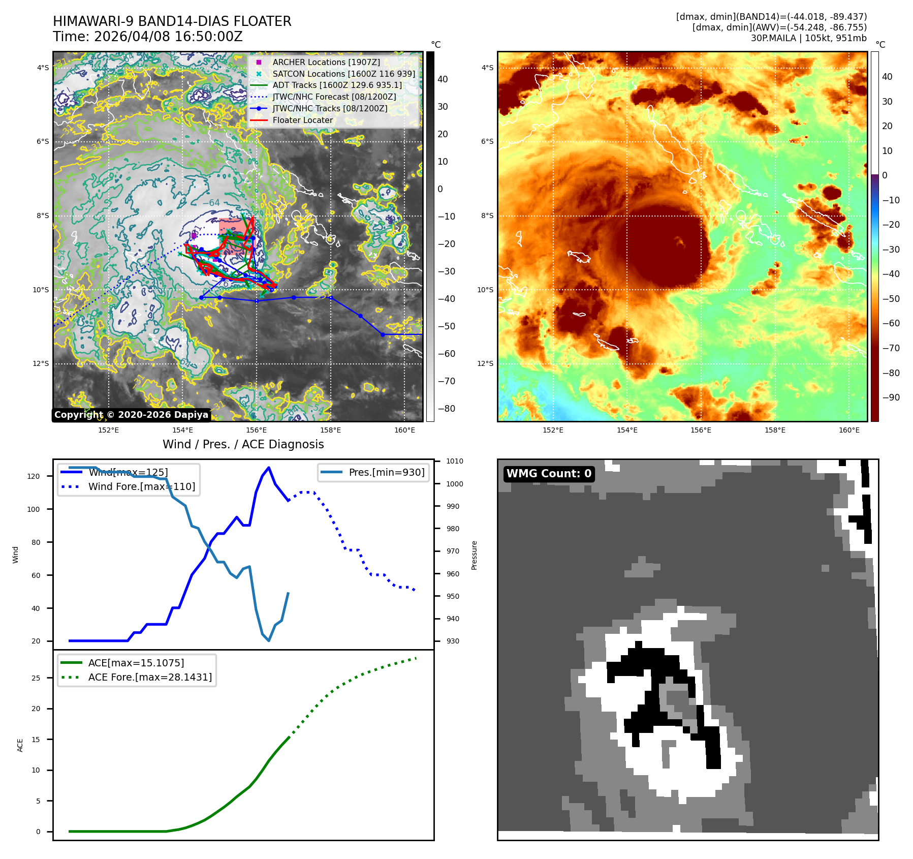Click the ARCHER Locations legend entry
click(x=326, y=62)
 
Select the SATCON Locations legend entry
click(x=343, y=74)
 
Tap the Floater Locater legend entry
click(x=302, y=120)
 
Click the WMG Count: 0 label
click(x=549, y=474)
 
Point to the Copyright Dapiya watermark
click(x=131, y=415)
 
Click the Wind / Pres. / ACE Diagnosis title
click(x=243, y=444)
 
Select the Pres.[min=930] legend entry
click(x=386, y=472)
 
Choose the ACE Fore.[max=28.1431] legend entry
click(x=150, y=677)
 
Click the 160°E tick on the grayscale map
click(x=404, y=430)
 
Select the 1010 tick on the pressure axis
click(x=455, y=462)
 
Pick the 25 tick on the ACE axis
click(x=36, y=678)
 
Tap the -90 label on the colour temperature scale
click(x=891, y=397)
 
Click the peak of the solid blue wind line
click(x=269, y=468)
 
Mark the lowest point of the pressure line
click(x=269, y=640)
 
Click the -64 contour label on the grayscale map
click(x=211, y=203)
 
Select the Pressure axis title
click(x=474, y=555)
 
